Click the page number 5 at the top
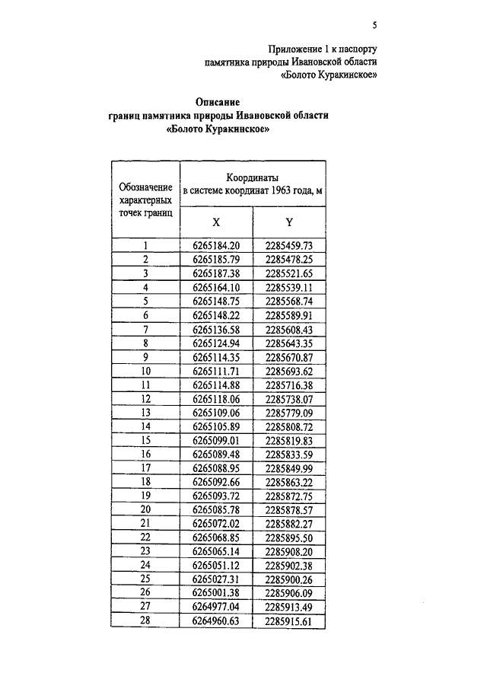[x=374, y=24]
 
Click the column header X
[x=216, y=222]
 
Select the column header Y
[x=289, y=222]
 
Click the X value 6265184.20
[x=216, y=246]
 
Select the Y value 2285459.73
[x=289, y=246]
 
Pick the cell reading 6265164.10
[x=216, y=288]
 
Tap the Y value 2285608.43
[x=289, y=330]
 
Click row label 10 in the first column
[x=145, y=372]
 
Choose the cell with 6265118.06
[x=216, y=399]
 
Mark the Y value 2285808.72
[x=289, y=427]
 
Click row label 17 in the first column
[x=145, y=469]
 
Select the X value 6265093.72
[x=216, y=496]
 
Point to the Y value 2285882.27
[x=289, y=525]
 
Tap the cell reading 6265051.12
[x=216, y=566]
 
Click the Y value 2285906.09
[x=289, y=594]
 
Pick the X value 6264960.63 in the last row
[x=216, y=622]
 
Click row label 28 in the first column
[x=145, y=622]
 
